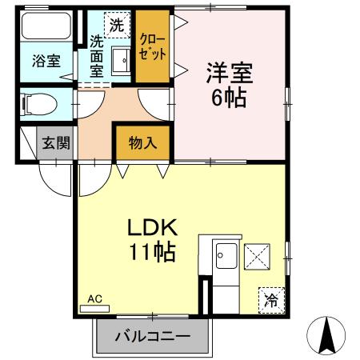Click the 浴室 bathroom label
coord(46,61)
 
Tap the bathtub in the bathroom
coord(47,26)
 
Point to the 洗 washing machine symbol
coord(117,25)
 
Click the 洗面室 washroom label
coord(97,57)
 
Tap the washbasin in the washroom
coord(121,60)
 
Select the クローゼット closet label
coord(153,46)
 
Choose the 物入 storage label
coord(142,144)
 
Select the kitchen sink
coord(225,259)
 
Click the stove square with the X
coord(258,257)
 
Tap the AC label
coord(95,298)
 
